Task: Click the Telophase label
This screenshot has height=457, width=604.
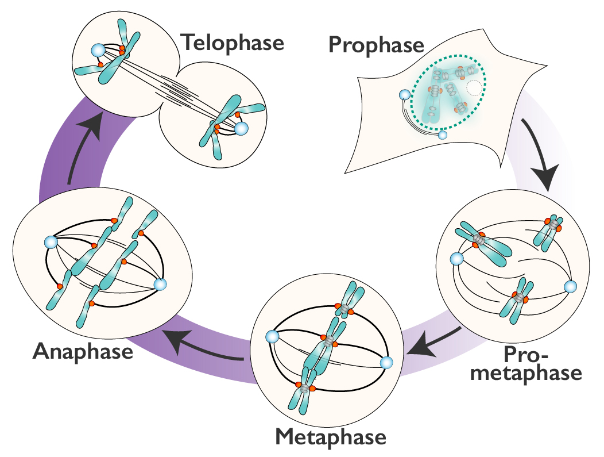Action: [x=232, y=43]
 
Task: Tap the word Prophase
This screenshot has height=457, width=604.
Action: [x=377, y=44]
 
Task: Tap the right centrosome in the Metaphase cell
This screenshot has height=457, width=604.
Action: [x=386, y=363]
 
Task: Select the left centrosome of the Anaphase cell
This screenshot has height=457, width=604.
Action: [x=51, y=243]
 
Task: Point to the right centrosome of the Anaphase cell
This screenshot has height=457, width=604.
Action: [x=160, y=284]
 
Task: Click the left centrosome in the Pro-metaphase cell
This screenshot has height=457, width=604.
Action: [x=456, y=259]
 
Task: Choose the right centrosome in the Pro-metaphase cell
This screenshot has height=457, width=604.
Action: [x=570, y=286]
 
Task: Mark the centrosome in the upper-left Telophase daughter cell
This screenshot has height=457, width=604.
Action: [x=98, y=51]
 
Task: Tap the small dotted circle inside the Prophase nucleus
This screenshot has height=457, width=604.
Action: [x=474, y=88]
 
